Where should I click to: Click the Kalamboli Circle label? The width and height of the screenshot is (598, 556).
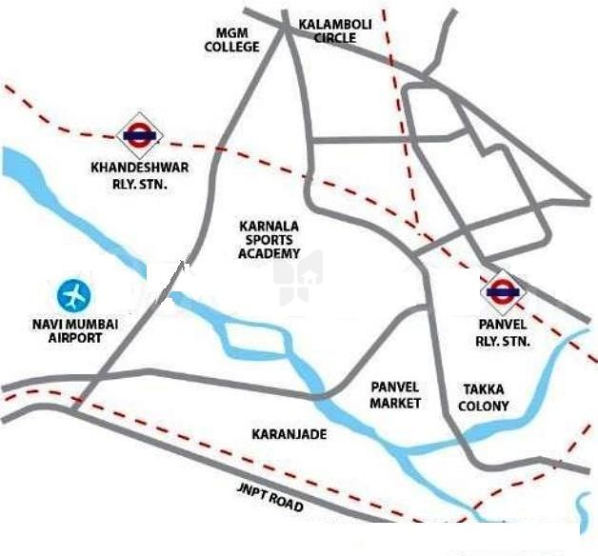click(x=327, y=30)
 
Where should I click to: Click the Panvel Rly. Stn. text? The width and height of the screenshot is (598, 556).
click(x=503, y=332)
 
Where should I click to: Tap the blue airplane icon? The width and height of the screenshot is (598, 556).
click(x=72, y=296)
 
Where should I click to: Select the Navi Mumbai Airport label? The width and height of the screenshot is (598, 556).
click(x=73, y=331)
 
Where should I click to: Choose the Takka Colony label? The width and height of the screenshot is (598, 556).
click(x=485, y=398)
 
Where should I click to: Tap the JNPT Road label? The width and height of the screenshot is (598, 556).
click(x=270, y=497)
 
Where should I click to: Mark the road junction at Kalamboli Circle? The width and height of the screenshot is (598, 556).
click(x=287, y=28)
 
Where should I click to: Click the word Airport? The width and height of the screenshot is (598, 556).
click(x=73, y=338)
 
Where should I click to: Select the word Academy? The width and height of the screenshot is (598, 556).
click(x=271, y=254)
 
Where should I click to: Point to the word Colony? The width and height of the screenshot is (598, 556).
click(x=485, y=407)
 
